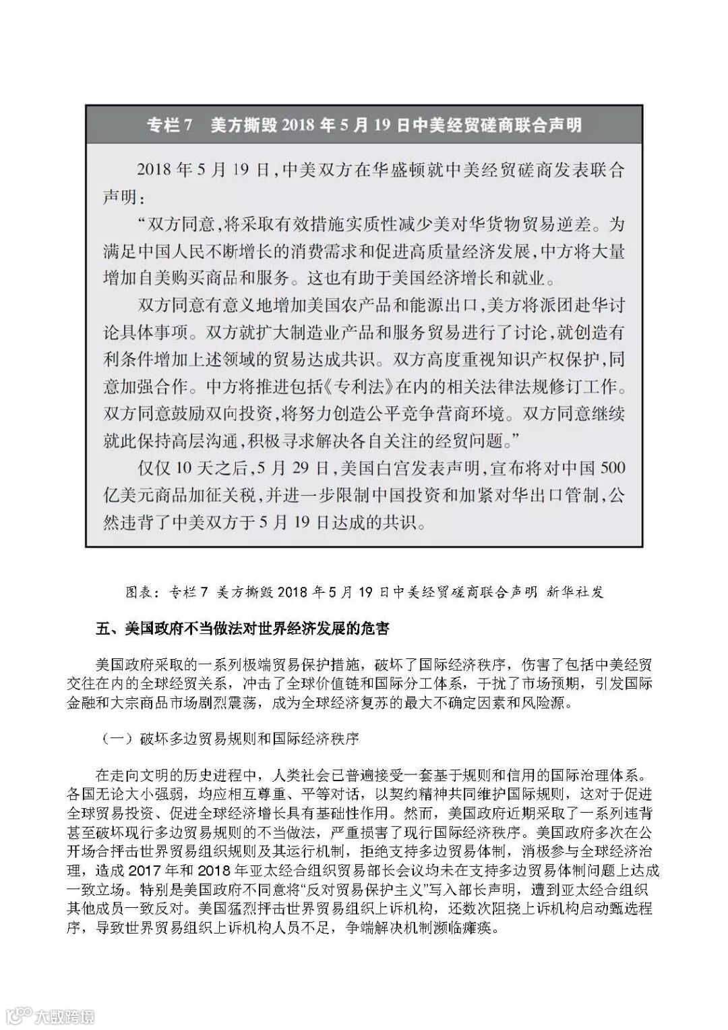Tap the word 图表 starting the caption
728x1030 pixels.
pyautogui.click(x=140, y=592)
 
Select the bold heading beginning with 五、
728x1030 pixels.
pyautogui.click(x=243, y=629)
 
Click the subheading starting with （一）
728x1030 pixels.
pyautogui.click(x=230, y=738)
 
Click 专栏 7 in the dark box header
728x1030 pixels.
pyautogui.click(x=171, y=125)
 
